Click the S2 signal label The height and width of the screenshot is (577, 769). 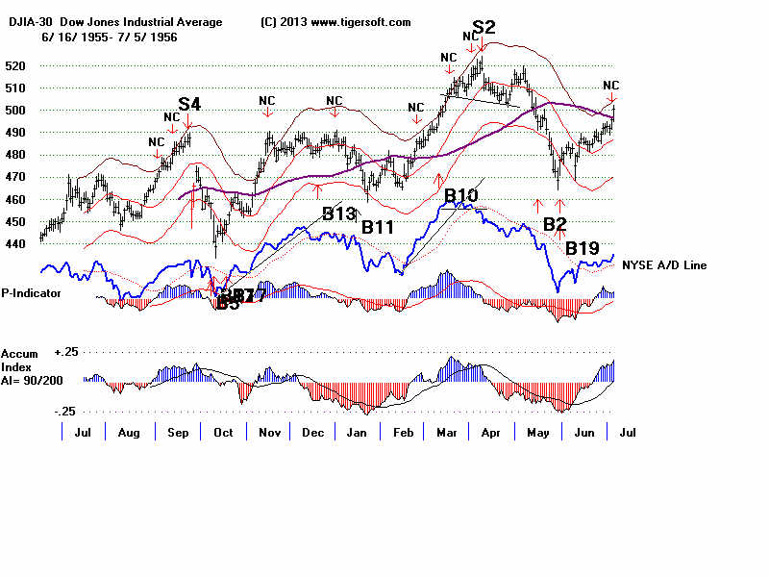pos(484,27)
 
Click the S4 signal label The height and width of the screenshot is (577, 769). pos(188,104)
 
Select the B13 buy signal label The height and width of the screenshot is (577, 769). pos(338,213)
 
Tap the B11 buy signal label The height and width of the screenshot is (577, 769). pos(378,227)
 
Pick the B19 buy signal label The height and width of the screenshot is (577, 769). pos(583,249)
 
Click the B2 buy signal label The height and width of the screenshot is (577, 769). pos(555,224)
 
